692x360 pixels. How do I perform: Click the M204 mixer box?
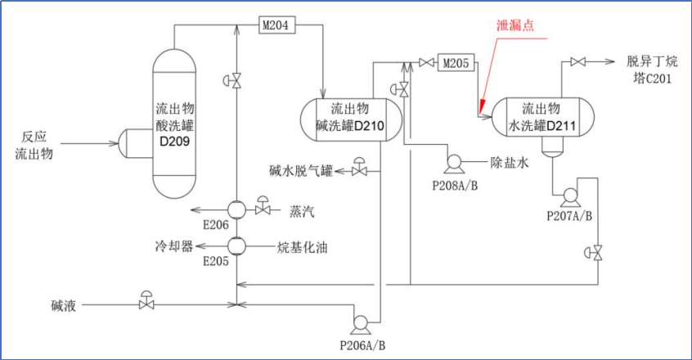(275, 25)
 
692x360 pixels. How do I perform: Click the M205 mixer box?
(455, 62)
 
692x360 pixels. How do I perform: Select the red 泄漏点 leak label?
(516, 25)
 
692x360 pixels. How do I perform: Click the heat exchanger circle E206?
(236, 210)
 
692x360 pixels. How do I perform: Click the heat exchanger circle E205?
(236, 245)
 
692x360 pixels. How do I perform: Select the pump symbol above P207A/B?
(568, 196)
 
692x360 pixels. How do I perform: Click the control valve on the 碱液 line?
(146, 304)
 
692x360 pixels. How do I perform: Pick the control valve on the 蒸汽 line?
(263, 209)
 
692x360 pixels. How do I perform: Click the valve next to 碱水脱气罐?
(359, 171)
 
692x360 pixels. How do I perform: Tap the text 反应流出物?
(34, 144)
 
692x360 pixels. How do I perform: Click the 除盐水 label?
(510, 163)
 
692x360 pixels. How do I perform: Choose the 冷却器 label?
(174, 245)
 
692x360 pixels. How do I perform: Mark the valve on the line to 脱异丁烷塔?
(577, 62)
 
